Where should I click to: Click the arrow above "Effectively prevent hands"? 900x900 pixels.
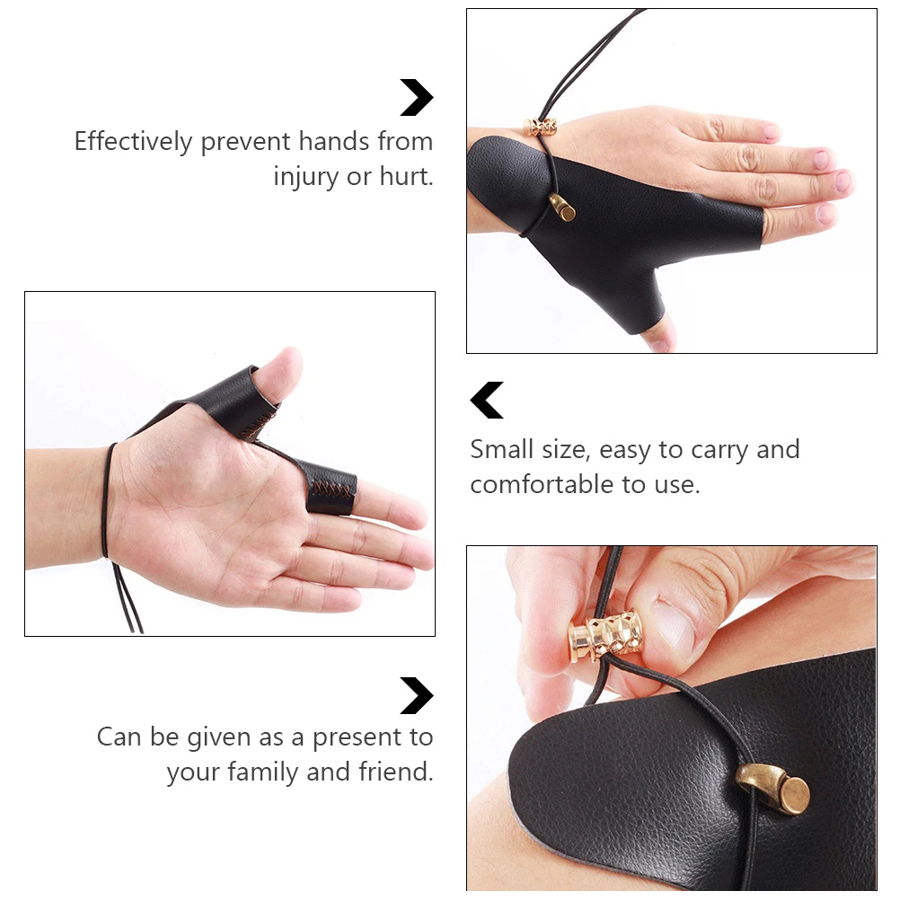click(x=417, y=98)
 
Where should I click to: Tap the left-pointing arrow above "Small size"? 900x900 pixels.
click(x=487, y=401)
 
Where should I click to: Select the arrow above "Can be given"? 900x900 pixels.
click(x=417, y=696)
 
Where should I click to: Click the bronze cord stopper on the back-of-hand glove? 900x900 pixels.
click(x=563, y=207)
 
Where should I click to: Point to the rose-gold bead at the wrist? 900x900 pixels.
click(x=540, y=127)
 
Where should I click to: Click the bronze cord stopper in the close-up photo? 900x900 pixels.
click(x=774, y=789)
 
